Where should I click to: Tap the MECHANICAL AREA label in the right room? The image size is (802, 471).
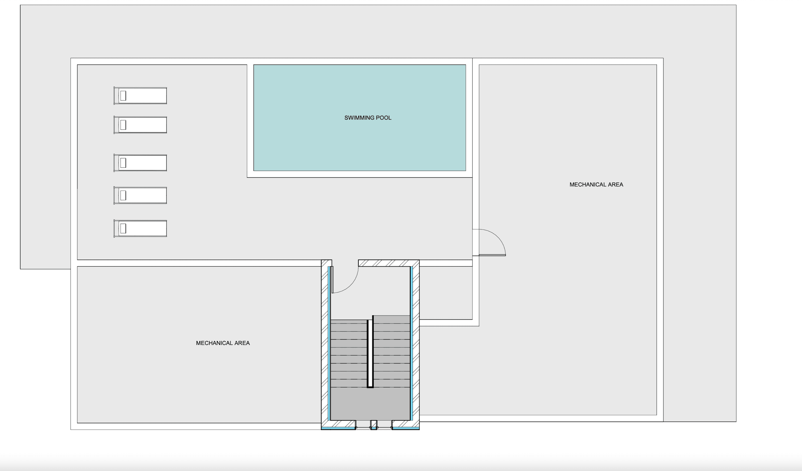pos(596,185)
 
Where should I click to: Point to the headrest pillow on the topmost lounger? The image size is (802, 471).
pos(123,96)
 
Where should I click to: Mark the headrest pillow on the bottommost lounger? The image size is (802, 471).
pos(123,229)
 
